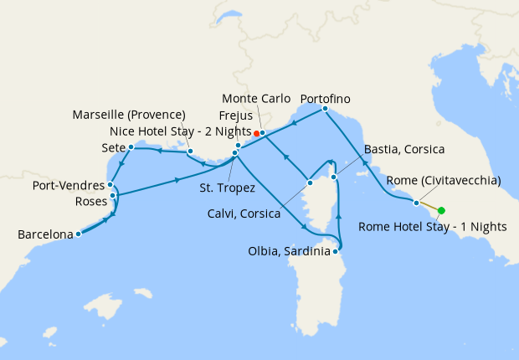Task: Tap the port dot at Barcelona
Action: (x=78, y=234)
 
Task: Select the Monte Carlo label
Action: (x=257, y=99)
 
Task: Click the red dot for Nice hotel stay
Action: (x=256, y=132)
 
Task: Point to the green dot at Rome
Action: (x=441, y=211)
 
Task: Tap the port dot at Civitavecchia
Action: (x=416, y=202)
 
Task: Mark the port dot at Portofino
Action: (x=325, y=109)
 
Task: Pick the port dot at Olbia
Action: (x=336, y=250)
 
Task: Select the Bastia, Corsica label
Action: (x=403, y=150)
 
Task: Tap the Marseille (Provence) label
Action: (x=129, y=114)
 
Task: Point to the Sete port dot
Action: (x=131, y=147)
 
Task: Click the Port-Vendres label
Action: (x=69, y=185)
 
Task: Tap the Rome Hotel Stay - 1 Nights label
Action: (x=433, y=226)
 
